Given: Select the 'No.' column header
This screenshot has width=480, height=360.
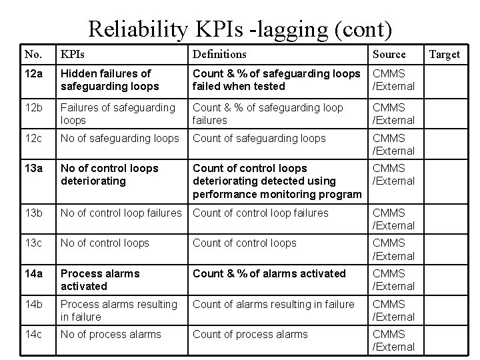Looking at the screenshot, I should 32,54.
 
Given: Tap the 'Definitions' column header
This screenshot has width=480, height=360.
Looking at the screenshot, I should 219,54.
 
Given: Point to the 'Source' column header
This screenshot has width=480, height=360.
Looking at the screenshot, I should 389,54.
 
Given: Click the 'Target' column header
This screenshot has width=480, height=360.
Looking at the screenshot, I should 444,54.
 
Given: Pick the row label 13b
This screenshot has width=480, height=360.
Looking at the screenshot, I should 33,213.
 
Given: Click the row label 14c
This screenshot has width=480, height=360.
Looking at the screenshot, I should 33,334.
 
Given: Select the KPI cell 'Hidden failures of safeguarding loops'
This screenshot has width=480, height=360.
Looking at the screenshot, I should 110,79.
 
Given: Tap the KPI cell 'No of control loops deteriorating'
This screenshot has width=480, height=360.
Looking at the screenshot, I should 109,174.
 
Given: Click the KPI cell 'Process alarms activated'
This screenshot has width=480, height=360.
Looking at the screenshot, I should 100,279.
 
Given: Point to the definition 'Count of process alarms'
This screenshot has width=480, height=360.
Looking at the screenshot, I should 250,334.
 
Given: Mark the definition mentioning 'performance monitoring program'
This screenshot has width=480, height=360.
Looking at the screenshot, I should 277,181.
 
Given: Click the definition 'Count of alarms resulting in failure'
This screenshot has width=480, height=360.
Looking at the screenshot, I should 273,304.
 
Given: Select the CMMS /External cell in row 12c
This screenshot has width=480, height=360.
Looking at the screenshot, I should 393,144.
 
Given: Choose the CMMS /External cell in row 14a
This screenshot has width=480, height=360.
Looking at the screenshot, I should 393,279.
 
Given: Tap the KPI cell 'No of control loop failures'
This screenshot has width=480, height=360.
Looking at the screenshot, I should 121,213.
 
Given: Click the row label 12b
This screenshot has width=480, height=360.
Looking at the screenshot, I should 33,107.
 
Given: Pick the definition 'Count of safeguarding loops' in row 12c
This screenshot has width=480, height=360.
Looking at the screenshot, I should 259,138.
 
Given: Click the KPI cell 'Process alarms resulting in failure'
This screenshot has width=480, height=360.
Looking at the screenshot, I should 119,310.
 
